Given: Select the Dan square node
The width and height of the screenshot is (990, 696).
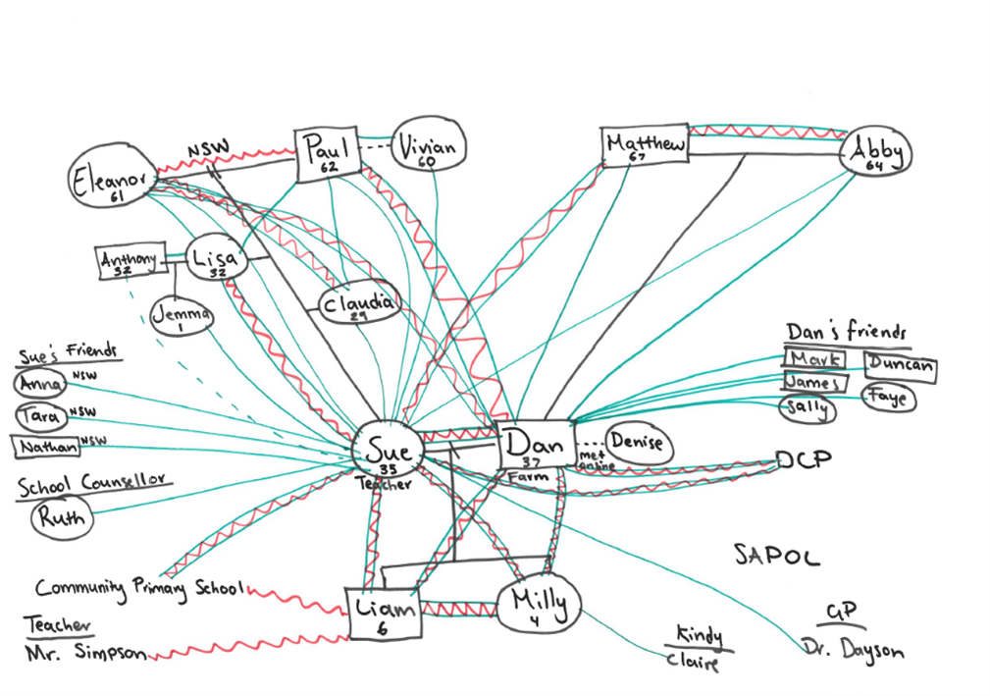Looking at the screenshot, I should pyautogui.click(x=536, y=447).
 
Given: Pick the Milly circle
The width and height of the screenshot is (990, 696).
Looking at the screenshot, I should pyautogui.click(x=538, y=606).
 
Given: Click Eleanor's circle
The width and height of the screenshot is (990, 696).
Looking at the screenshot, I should pyautogui.click(x=111, y=181).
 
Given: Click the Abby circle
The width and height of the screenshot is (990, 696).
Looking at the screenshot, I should pyautogui.click(x=876, y=154).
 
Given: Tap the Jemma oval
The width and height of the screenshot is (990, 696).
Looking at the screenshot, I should pyautogui.click(x=182, y=316).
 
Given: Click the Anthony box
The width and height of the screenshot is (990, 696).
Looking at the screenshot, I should pyautogui.click(x=129, y=261).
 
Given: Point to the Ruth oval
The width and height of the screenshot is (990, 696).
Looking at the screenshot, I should pyautogui.click(x=62, y=516).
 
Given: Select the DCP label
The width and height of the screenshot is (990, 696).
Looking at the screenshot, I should pyautogui.click(x=803, y=460).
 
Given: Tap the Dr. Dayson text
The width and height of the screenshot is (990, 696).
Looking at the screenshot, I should pyautogui.click(x=852, y=649).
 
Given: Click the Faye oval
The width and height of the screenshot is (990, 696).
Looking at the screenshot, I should pyautogui.click(x=889, y=398).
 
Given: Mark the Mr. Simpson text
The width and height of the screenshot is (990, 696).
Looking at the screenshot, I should pyautogui.click(x=87, y=653).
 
